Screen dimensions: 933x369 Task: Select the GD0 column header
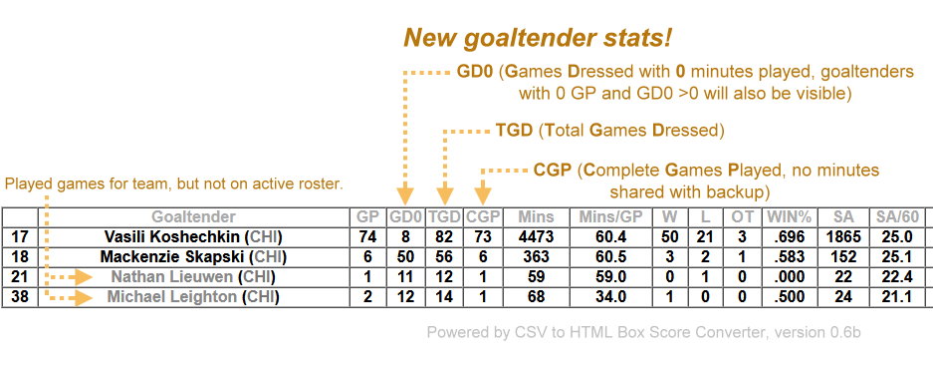click(406, 217)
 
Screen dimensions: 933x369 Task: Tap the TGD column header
click(444, 217)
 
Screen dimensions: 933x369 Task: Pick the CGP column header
click(483, 217)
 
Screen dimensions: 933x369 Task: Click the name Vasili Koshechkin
click(173, 236)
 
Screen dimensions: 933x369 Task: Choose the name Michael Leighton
click(171, 296)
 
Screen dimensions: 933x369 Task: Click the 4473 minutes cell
click(536, 236)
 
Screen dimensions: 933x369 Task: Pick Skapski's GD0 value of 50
click(406, 257)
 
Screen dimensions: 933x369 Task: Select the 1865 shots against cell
click(843, 236)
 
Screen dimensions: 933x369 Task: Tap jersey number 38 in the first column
click(20, 296)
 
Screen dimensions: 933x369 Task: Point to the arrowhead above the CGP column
click(483, 195)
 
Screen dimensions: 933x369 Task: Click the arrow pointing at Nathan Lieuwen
click(70, 277)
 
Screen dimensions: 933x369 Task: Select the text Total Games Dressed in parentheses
click(630, 131)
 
